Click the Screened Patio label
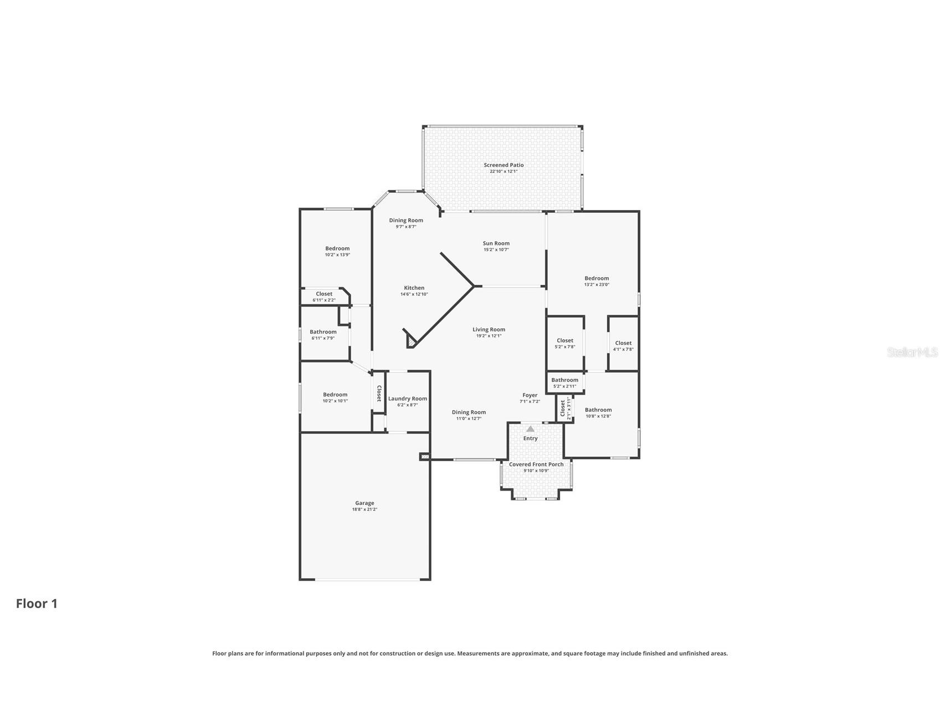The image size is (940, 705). click(x=504, y=165)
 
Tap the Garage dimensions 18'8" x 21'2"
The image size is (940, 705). click(x=364, y=509)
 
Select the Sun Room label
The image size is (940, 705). click(x=496, y=243)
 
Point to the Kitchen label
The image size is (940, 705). click(x=414, y=288)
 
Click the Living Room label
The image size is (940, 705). click(x=489, y=329)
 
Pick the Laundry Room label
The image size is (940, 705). click(x=407, y=399)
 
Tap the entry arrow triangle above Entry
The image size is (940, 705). click(x=530, y=428)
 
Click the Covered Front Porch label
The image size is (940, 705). click(x=536, y=464)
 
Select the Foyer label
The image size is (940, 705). click(x=530, y=395)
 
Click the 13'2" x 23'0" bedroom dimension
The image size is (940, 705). click(x=597, y=285)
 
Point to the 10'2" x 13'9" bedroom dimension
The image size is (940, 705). click(x=337, y=255)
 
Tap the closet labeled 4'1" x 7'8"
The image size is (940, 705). click(x=623, y=346)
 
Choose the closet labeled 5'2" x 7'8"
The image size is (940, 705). click(x=565, y=344)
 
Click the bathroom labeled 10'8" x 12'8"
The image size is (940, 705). click(x=598, y=413)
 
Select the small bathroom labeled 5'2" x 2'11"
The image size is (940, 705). click(x=564, y=383)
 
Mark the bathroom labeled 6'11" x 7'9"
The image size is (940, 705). click(x=323, y=335)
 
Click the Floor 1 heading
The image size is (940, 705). click(x=37, y=604)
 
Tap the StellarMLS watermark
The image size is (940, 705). click(x=912, y=352)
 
